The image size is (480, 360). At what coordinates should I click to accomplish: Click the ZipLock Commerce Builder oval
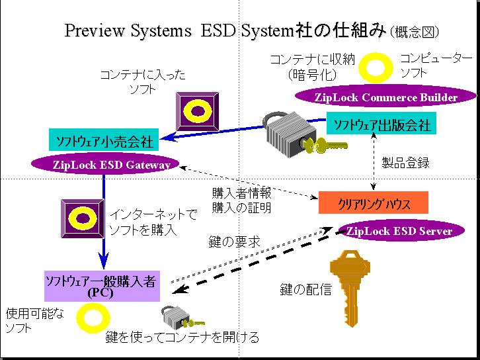[386, 97]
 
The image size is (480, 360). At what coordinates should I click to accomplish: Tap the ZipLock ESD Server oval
[399, 231]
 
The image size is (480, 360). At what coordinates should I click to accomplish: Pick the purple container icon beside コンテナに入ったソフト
[196, 110]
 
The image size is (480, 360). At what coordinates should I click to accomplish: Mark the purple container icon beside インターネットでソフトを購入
[81, 218]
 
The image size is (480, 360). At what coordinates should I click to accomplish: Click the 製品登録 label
[406, 163]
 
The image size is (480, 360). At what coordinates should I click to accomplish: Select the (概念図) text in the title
[415, 32]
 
